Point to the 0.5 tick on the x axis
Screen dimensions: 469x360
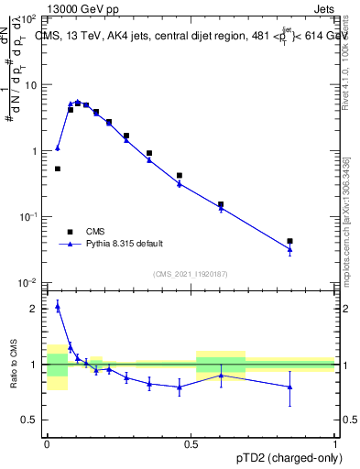point(191,442)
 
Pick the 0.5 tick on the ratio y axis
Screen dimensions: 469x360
point(32,420)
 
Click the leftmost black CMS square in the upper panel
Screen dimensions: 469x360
point(58,169)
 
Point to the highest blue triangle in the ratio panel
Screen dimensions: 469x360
point(58,306)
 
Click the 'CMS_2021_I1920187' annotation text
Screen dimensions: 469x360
point(191,274)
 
